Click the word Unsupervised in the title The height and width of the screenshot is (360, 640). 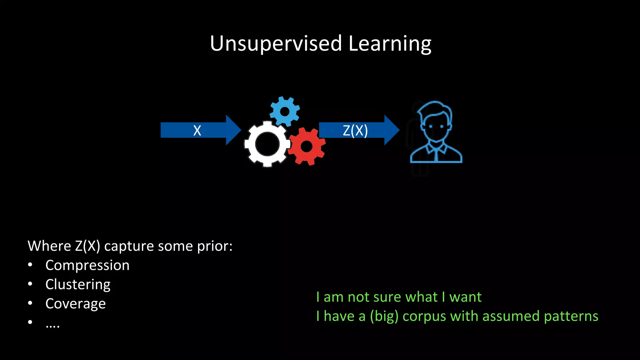(276, 43)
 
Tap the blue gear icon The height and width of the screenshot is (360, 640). (284, 111)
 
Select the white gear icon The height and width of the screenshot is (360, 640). (267, 144)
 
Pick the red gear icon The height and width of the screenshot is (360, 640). (307, 146)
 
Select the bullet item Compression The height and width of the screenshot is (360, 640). (87, 265)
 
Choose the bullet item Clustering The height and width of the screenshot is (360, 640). (78, 284)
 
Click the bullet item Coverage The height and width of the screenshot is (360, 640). (75, 303)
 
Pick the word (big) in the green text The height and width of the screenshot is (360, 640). (384, 316)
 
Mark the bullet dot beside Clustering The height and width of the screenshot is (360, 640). (30, 284)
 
